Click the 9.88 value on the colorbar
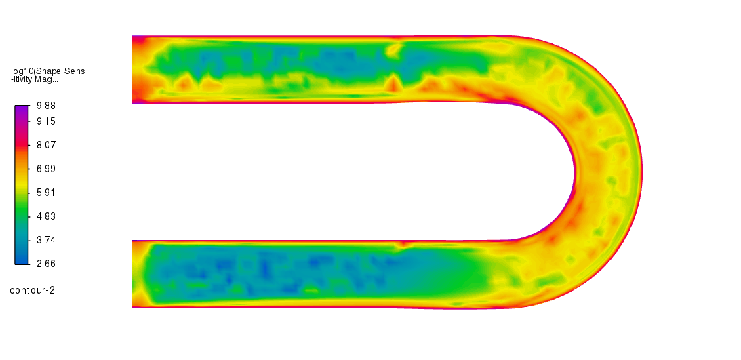tap(46, 106)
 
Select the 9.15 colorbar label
tap(46, 121)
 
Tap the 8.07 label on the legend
tap(46, 145)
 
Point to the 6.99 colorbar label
tap(46, 169)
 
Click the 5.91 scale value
tap(46, 193)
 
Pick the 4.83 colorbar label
tap(46, 216)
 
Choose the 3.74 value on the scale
tap(46, 240)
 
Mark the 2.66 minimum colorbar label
tap(46, 264)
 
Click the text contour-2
tap(32, 290)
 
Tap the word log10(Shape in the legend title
tap(36, 71)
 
